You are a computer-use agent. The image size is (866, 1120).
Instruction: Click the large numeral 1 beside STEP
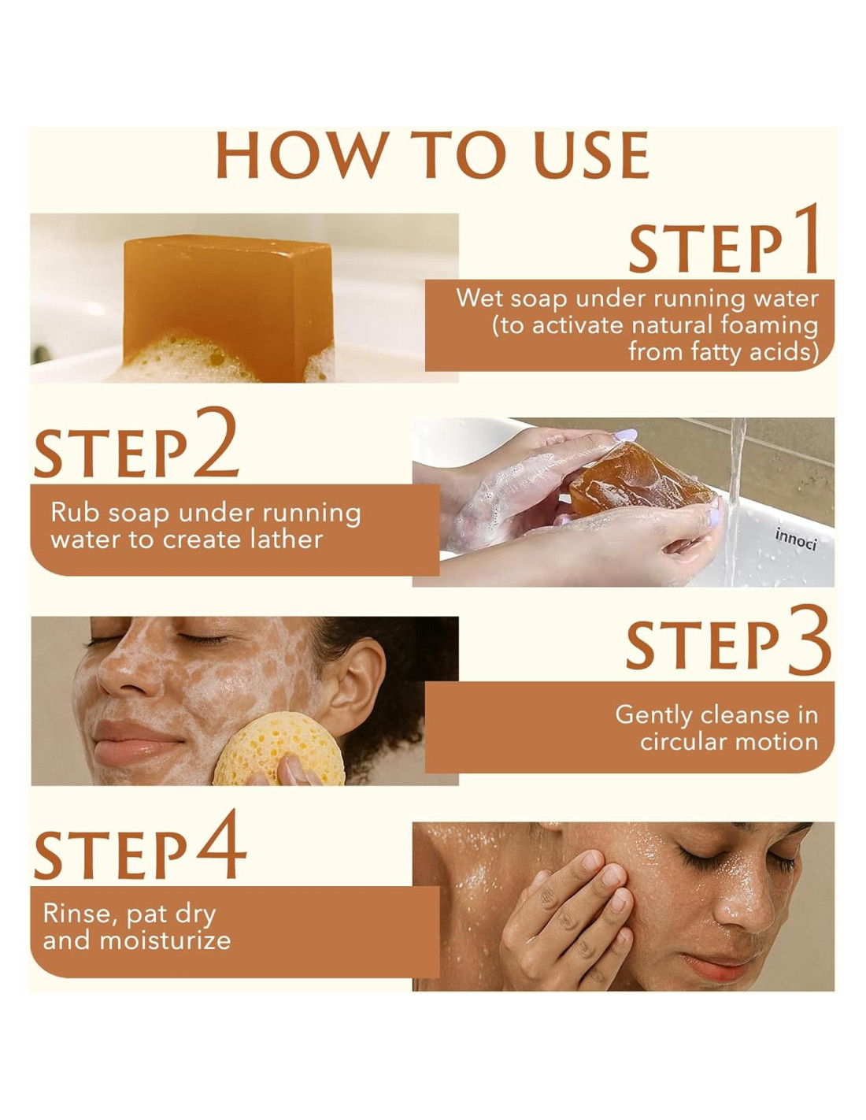coord(805,238)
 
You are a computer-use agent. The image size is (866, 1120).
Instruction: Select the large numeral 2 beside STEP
coord(216,441)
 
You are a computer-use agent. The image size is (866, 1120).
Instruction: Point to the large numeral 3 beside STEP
coord(808,640)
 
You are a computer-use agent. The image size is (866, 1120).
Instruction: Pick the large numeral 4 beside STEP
coord(221,843)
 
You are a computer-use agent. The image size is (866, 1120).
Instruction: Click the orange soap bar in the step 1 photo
coord(228,305)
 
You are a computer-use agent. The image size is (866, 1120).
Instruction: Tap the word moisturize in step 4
coord(165,940)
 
